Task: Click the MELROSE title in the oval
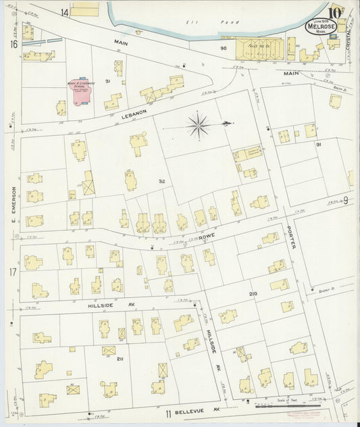(317, 26)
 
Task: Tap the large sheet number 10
(335, 11)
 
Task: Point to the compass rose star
(199, 124)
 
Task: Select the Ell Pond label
(197, 22)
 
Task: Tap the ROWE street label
(207, 238)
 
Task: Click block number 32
(161, 181)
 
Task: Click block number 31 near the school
(107, 81)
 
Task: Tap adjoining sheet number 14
(64, 12)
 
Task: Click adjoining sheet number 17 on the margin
(13, 272)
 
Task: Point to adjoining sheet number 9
(344, 200)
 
